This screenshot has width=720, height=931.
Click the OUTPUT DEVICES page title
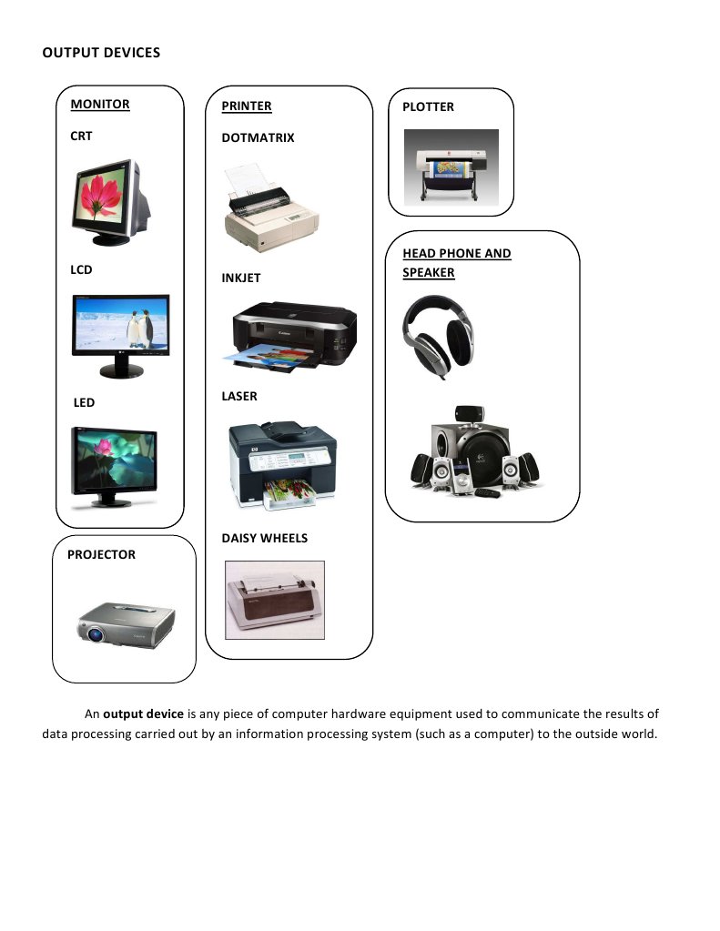101,53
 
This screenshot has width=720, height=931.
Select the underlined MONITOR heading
100,105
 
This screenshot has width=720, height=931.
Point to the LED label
84,402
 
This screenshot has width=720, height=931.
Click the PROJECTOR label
101,554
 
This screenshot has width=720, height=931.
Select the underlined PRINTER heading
246,106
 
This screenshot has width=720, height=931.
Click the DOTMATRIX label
258,138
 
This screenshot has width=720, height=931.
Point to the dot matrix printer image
270,210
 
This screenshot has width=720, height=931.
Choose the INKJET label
240,278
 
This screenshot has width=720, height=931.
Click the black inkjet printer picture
293,336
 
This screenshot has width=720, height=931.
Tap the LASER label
239,396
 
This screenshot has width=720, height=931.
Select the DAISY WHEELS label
264,538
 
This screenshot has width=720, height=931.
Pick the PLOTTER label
428,106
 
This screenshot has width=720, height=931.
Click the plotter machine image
451,167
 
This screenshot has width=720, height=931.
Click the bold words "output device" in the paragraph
143,713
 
